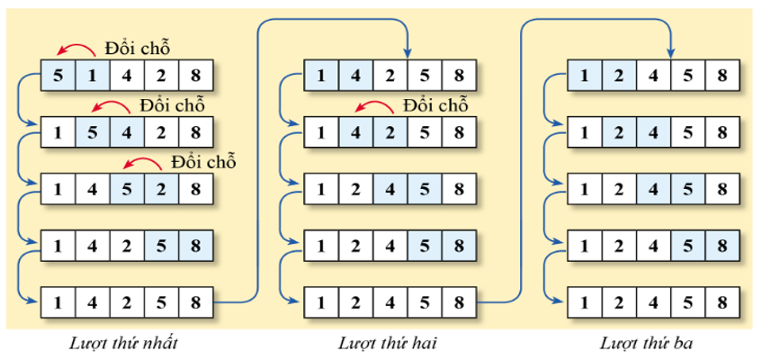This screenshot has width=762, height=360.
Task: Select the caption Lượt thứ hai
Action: [x=382, y=343]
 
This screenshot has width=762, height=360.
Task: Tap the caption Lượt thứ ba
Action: [x=646, y=343]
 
